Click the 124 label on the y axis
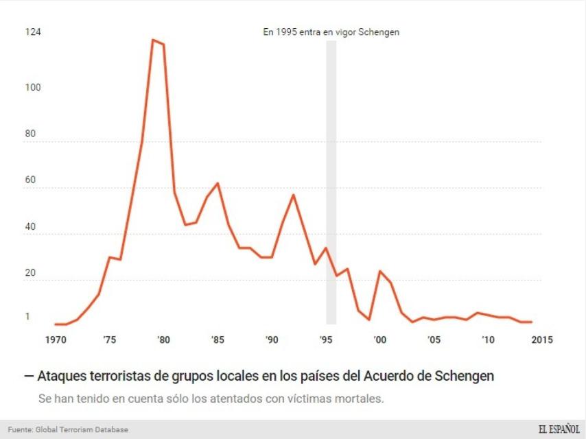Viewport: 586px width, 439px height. tap(32, 32)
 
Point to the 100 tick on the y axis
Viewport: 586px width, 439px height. tap(32, 88)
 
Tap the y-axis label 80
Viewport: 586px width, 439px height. tap(30, 134)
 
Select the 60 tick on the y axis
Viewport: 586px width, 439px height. tap(30, 180)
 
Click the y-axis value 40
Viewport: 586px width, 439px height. tap(30, 226)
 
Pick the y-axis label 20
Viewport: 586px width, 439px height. tap(30, 272)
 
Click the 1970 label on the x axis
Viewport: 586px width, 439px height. tap(55, 339)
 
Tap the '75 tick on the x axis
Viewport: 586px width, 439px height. tap(108, 339)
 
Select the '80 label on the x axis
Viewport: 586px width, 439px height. tap(163, 339)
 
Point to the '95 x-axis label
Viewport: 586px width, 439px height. tap(326, 339)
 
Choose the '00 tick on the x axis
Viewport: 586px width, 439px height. tap(379, 339)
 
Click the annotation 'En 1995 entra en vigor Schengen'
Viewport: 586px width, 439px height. tap(331, 32)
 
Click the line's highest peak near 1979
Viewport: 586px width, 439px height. tap(153, 40)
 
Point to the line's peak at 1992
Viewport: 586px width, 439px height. tap(294, 195)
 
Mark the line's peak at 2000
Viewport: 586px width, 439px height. tap(379, 271)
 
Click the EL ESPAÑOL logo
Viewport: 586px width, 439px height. tap(559, 429)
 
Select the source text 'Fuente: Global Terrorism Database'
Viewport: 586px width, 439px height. tap(68, 430)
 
